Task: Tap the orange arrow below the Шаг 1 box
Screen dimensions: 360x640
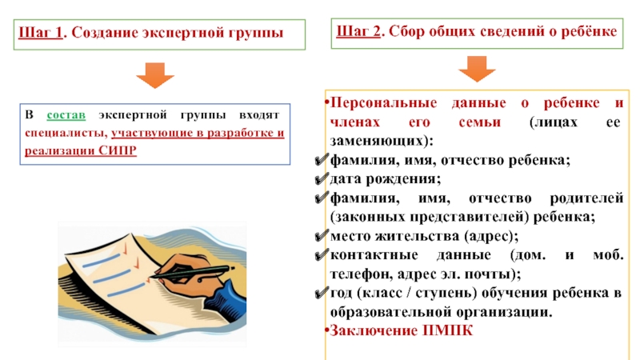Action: click(x=154, y=76)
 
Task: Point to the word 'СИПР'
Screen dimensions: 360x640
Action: click(x=120, y=150)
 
